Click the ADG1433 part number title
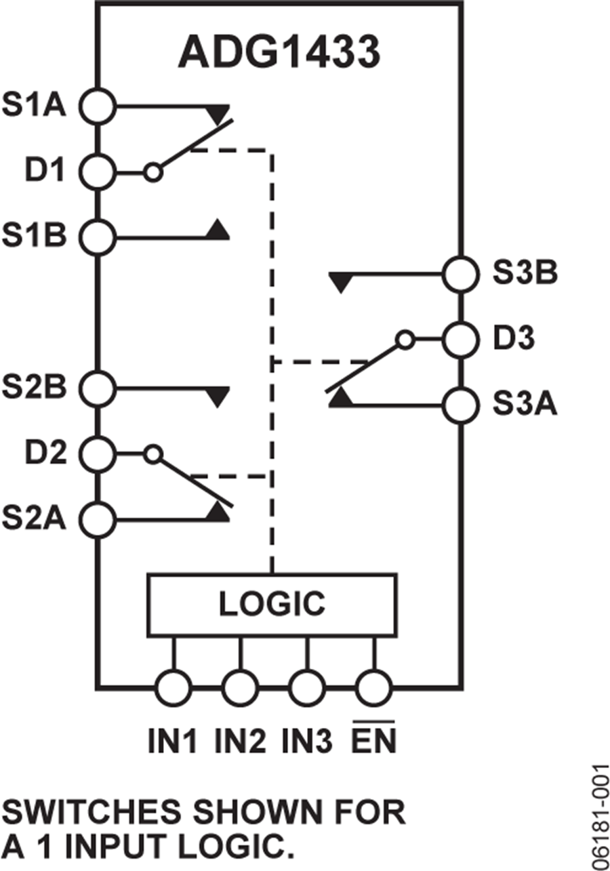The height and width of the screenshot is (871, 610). [279, 53]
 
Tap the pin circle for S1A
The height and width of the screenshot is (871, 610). [98, 106]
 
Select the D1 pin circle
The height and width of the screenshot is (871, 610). [98, 172]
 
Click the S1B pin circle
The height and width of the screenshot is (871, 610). [98, 237]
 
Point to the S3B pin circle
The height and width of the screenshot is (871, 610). [460, 275]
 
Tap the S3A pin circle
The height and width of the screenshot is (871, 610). [460, 405]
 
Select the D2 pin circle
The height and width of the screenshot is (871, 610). [98, 453]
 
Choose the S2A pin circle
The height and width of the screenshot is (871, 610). [98, 519]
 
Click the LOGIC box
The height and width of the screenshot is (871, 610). [272, 605]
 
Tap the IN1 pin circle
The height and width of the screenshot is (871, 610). [174, 689]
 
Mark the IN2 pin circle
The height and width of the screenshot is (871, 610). [240, 689]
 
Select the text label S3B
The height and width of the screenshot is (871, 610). [525, 275]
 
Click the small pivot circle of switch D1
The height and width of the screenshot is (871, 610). [154, 173]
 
